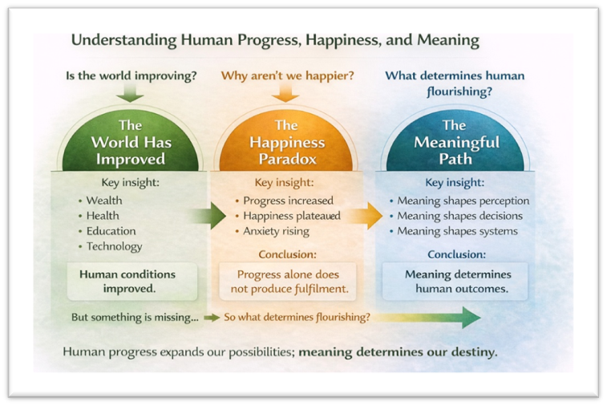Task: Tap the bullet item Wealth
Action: (x=103, y=200)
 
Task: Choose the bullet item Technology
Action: (x=114, y=246)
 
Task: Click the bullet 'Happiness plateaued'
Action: (x=292, y=216)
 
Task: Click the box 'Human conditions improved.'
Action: (x=127, y=282)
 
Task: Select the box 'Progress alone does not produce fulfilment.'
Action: (x=287, y=282)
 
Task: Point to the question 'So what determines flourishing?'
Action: (x=297, y=317)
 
